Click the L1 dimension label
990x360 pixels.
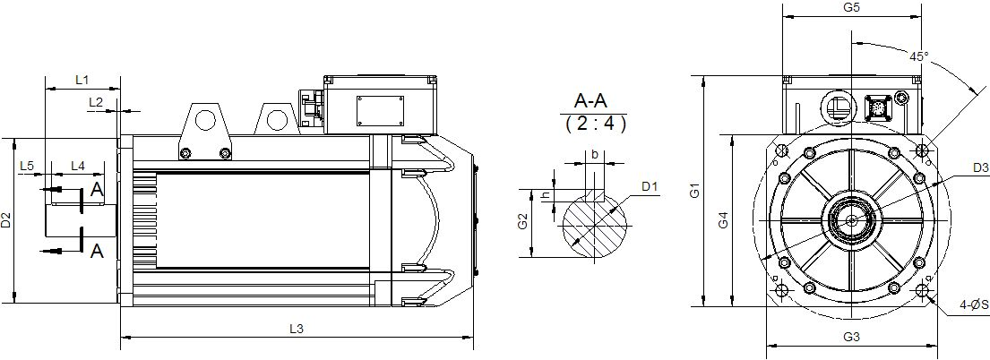point(82,81)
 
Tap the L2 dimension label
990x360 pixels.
point(96,102)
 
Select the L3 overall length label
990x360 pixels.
point(297,329)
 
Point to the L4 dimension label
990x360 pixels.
point(78,166)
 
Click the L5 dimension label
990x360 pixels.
point(27,166)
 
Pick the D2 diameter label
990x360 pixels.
point(5,219)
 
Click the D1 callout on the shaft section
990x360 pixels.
point(650,186)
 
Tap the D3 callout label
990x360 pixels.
point(980,168)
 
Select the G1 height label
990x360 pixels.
point(694,190)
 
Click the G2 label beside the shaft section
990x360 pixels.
point(522,222)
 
